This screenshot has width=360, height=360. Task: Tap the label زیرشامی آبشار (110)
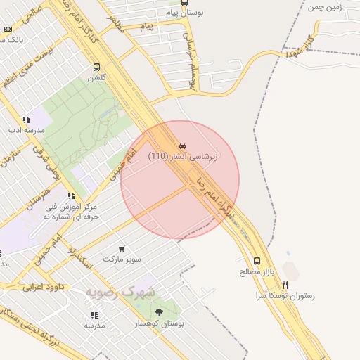183,156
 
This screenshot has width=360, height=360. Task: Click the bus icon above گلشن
96,67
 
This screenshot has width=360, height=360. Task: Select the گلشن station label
96,78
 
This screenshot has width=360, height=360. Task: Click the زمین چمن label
324,7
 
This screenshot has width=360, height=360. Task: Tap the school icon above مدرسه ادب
26,120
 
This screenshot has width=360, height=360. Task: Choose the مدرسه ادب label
26,130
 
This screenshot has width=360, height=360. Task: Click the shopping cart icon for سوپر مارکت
122,248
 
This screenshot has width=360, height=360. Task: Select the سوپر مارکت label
122,259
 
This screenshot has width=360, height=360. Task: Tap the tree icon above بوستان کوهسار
159,312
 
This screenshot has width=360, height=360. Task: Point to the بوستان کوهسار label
160,323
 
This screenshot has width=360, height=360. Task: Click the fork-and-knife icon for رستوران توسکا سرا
285,285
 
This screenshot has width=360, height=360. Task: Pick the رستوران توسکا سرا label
285,296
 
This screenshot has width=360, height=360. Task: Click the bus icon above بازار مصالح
256,260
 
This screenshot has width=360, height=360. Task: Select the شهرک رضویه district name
121,290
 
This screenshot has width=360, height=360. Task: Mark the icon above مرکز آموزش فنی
71,196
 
